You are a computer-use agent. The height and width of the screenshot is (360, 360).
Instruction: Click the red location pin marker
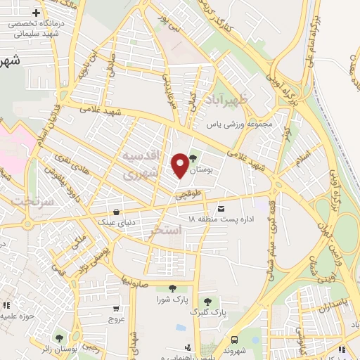180,165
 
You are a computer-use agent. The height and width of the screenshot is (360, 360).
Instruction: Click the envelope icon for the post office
221,210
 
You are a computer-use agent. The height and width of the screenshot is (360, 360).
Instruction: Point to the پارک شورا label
173,299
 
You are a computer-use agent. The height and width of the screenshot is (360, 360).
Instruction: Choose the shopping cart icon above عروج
115,308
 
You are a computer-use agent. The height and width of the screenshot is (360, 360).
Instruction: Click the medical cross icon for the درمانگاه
36,13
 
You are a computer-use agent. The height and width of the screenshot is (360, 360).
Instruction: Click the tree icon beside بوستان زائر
59,337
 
